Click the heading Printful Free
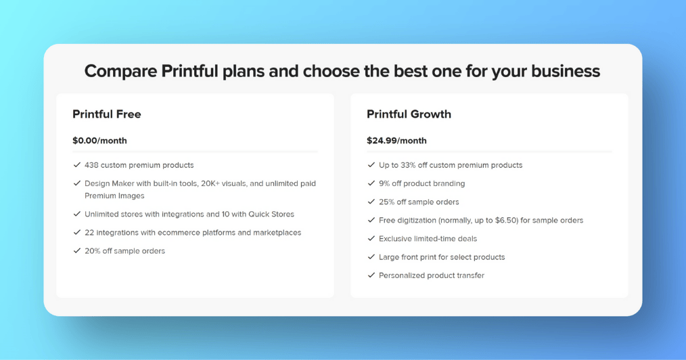pos(107,114)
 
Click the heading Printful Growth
pos(409,114)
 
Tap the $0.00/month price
pos(99,141)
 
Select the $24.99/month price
pos(396,141)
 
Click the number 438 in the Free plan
pos(91,165)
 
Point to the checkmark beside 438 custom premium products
pos(77,165)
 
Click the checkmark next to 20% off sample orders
pos(77,250)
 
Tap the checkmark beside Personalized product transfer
pos(371,275)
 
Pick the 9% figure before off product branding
pos(384,183)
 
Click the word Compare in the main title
pos(120,71)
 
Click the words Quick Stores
pos(271,215)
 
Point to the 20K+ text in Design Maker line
pos(210,183)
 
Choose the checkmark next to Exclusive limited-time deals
pos(371,238)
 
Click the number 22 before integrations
pos(89,233)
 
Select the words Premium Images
pos(114,196)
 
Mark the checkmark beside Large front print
pos(371,256)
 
